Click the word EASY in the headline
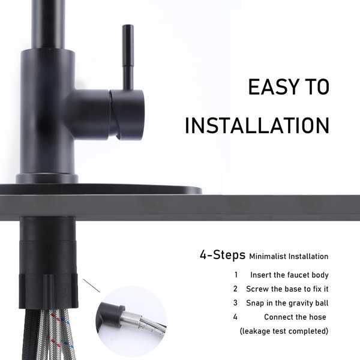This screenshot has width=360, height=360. tap(273, 87)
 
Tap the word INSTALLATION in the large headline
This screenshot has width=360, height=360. tap(257, 125)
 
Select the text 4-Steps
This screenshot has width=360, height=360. tap(222, 255)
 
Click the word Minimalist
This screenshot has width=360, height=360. tap(268, 256)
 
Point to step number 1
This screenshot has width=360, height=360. tap(236, 275)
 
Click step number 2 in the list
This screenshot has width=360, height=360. tap(235, 289)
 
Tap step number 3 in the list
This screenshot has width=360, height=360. tap(235, 303)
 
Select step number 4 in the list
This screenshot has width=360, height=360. tap(235, 317)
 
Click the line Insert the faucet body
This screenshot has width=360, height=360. tap(289, 275)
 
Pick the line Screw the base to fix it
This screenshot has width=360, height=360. tap(287, 289)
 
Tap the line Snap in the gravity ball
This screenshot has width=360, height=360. tap(287, 303)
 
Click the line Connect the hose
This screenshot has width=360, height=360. tap(295, 317)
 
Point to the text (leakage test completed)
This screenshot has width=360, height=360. tap(284, 331)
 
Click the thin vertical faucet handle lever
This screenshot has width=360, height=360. tap(128, 58)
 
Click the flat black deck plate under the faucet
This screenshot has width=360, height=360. tap(101, 190)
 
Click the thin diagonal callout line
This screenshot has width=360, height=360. tap(92, 286)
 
